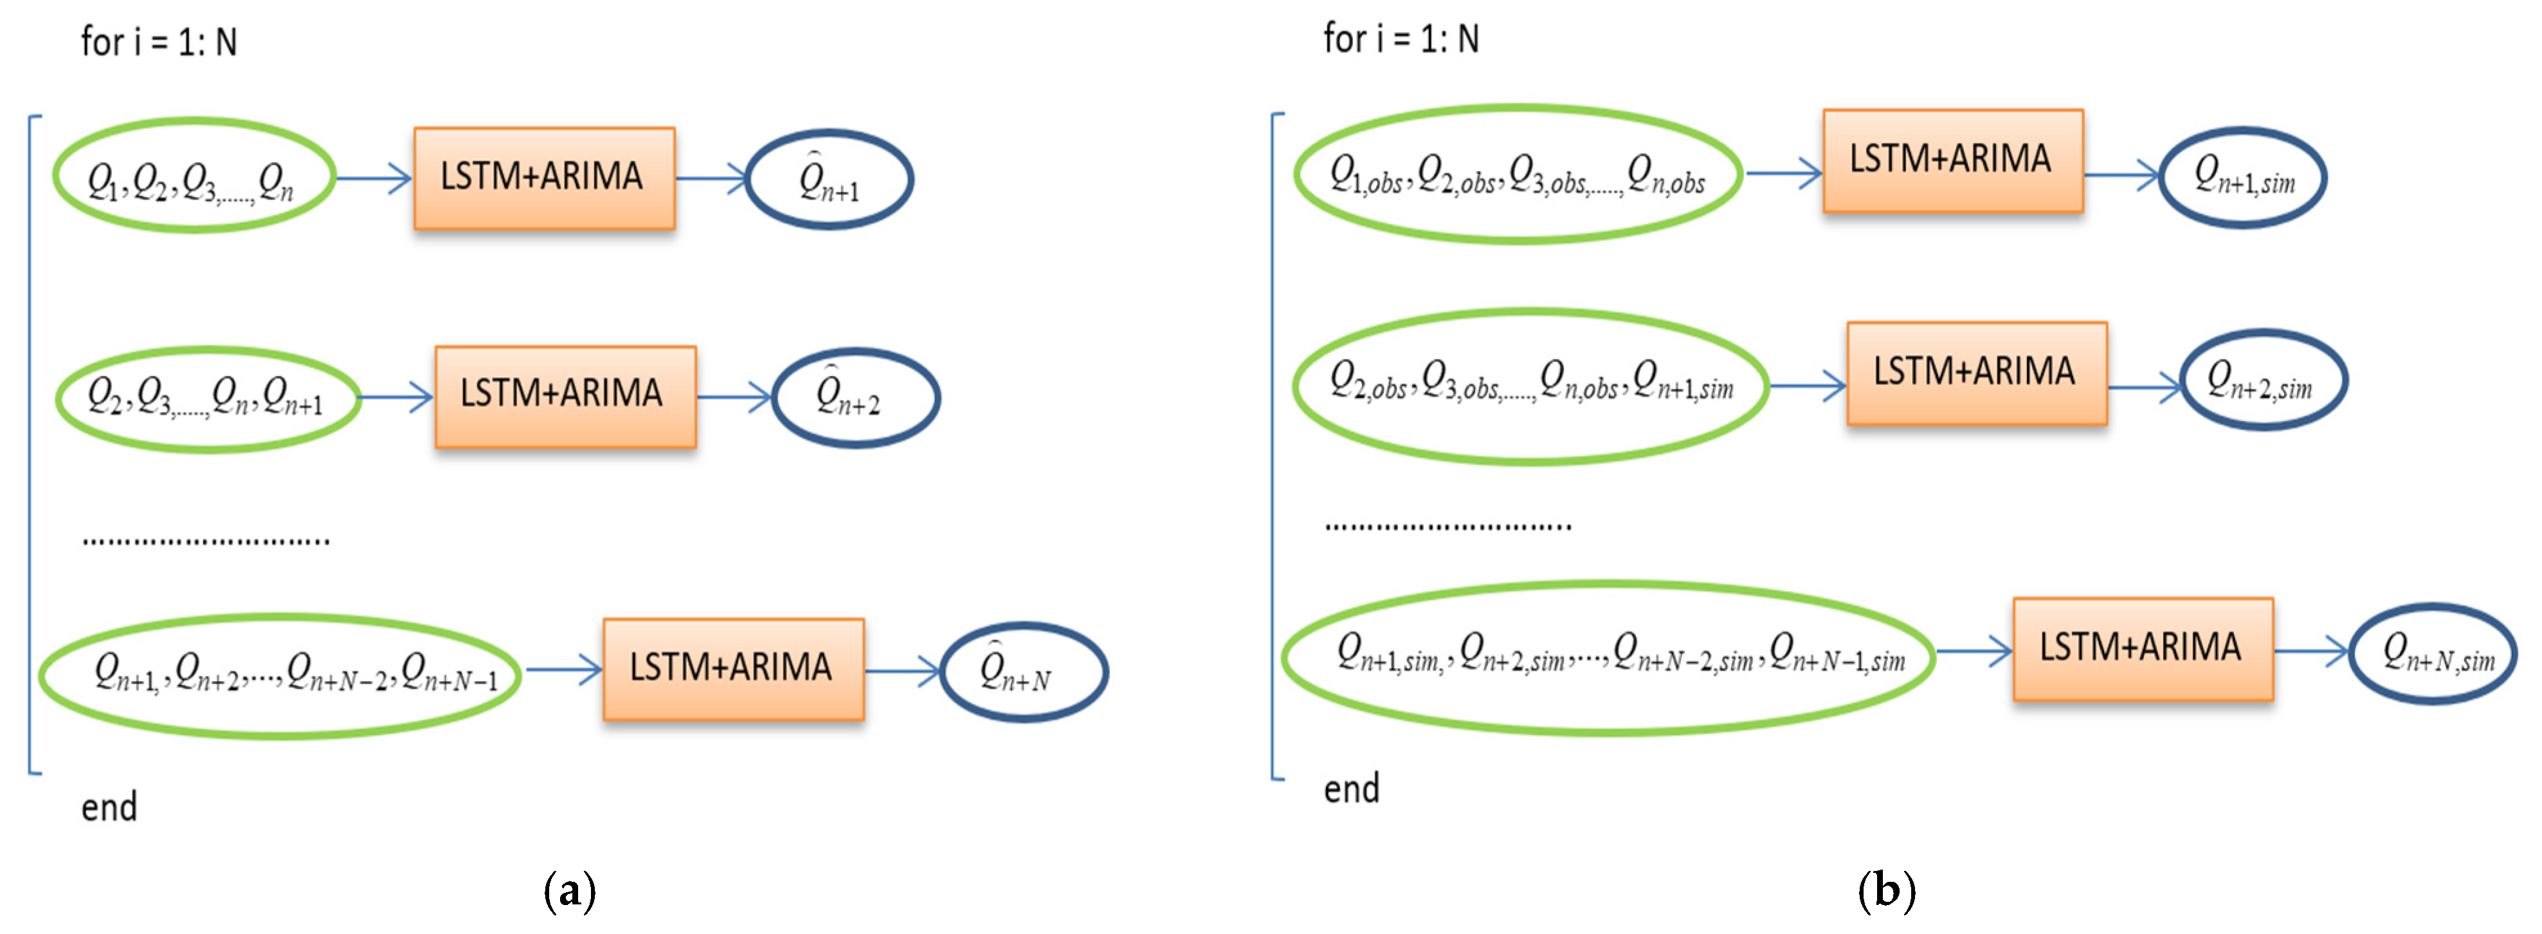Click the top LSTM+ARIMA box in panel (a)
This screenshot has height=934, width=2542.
pyautogui.click(x=544, y=178)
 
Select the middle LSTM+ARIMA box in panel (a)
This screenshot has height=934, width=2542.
pyautogui.click(x=565, y=396)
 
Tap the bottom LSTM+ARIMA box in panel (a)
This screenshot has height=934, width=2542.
pyautogui.click(x=733, y=668)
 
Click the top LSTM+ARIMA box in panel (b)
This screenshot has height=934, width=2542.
pyautogui.click(x=1952, y=160)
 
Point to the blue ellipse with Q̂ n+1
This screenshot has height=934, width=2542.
pyautogui.click(x=829, y=180)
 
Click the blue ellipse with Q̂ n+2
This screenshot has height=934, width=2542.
pyautogui.click(x=855, y=398)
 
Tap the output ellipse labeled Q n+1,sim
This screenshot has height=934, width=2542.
pyautogui.click(x=2242, y=178)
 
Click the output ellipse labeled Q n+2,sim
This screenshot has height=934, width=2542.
pyautogui.click(x=2262, y=380)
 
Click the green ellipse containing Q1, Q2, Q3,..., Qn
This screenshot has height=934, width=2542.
pyautogui.click(x=194, y=176)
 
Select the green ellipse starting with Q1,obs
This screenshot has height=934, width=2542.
pyautogui.click(x=1518, y=174)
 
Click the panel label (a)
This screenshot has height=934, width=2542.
pyautogui.click(x=569, y=891)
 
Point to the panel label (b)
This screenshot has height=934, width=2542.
pyautogui.click(x=1886, y=891)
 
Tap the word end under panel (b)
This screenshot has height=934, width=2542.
pyautogui.click(x=1351, y=789)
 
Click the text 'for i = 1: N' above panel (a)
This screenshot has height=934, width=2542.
pyautogui.click(x=159, y=42)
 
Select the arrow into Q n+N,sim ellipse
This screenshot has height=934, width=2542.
pyautogui.click(x=2311, y=651)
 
